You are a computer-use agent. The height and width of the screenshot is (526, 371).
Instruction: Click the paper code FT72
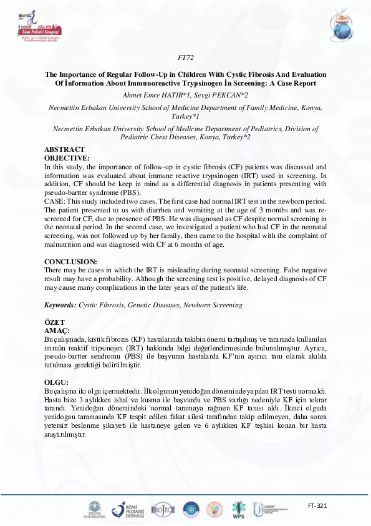click(186, 58)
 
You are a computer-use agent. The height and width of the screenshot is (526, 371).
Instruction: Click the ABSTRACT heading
click(65, 150)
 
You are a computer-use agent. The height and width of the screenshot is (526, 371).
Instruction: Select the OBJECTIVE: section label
click(67, 158)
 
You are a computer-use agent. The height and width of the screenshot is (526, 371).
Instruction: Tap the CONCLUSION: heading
click(70, 262)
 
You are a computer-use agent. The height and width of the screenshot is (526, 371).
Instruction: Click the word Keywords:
click(60, 305)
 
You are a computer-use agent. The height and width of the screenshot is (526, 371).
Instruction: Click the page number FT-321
click(317, 505)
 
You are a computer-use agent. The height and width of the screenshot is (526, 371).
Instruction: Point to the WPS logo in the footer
click(238, 511)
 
